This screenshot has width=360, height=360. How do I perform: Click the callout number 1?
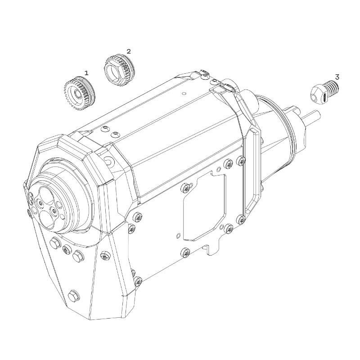pos(86,72)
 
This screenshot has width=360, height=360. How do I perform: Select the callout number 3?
pos(337,77)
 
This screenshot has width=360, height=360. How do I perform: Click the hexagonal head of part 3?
pos(317,95)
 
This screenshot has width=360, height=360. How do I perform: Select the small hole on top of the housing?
pos(184,94)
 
